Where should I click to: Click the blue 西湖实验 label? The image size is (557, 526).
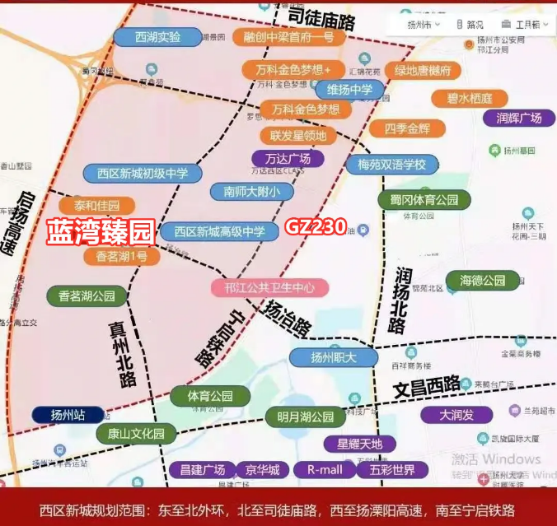[x=157, y=37]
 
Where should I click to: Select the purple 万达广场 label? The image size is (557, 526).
[x=288, y=158]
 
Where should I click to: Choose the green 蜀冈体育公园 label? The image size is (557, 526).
[x=424, y=199]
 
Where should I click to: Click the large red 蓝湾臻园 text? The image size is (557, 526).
[x=100, y=231]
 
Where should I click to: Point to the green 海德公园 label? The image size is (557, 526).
[x=483, y=280]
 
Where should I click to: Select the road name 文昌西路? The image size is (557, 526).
[x=426, y=385]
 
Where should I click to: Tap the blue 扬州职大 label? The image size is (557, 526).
[x=333, y=357]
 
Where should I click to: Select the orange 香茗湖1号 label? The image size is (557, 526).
[x=122, y=256]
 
